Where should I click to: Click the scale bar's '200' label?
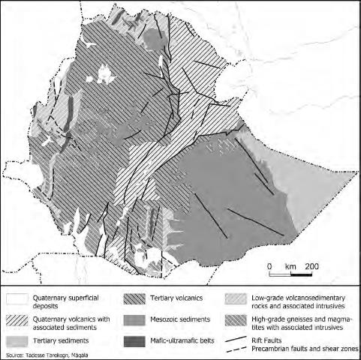click(311, 266)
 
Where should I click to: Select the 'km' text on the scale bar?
click(290, 266)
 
